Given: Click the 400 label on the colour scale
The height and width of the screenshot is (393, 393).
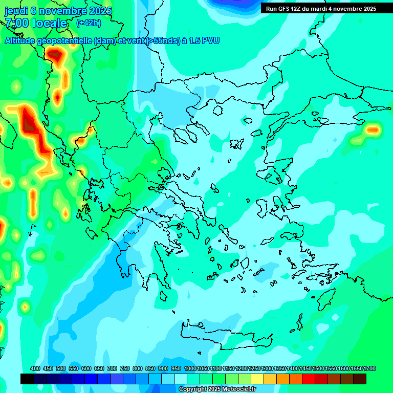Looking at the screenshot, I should click(35, 368).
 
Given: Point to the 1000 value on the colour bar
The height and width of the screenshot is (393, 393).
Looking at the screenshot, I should click(190, 368).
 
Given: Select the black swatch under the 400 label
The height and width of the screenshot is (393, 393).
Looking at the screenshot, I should click(27, 379).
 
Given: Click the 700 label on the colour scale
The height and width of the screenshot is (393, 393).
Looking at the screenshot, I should click(112, 368).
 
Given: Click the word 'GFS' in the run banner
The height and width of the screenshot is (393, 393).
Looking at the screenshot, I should click(282, 9).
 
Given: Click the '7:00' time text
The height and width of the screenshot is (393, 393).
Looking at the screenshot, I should click(17, 23).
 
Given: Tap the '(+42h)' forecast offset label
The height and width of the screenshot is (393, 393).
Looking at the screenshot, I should click(88, 23).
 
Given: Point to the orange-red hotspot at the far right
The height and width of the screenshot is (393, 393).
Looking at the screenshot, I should click(373, 130).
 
